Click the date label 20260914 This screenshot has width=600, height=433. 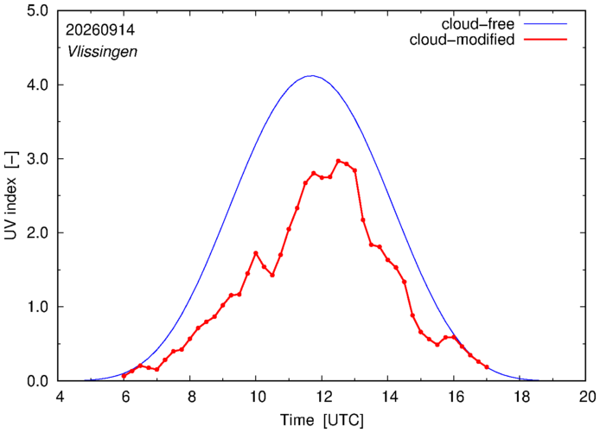click(100, 30)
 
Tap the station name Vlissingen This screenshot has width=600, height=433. click(102, 52)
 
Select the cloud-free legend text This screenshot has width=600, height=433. click(478, 24)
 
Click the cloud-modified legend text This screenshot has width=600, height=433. click(462, 40)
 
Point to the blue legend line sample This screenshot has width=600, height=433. click(546, 23)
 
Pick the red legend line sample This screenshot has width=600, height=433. click(546, 39)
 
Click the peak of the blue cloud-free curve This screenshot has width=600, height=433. click(312, 76)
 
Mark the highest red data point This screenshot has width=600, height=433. click(338, 161)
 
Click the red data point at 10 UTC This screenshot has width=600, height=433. click(256, 253)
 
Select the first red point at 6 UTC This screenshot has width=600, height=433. click(124, 376)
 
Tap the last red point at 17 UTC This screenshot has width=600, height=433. click(487, 366)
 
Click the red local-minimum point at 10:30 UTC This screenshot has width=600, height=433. click(272, 275)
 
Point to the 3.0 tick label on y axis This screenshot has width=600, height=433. click(38, 159)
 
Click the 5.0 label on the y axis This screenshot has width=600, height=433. click(38, 10)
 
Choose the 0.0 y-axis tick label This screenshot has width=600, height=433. click(38, 381)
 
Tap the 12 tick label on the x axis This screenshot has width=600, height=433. click(322, 397)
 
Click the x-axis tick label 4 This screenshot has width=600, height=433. click(60, 397)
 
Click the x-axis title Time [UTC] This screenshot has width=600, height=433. click(322, 420)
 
